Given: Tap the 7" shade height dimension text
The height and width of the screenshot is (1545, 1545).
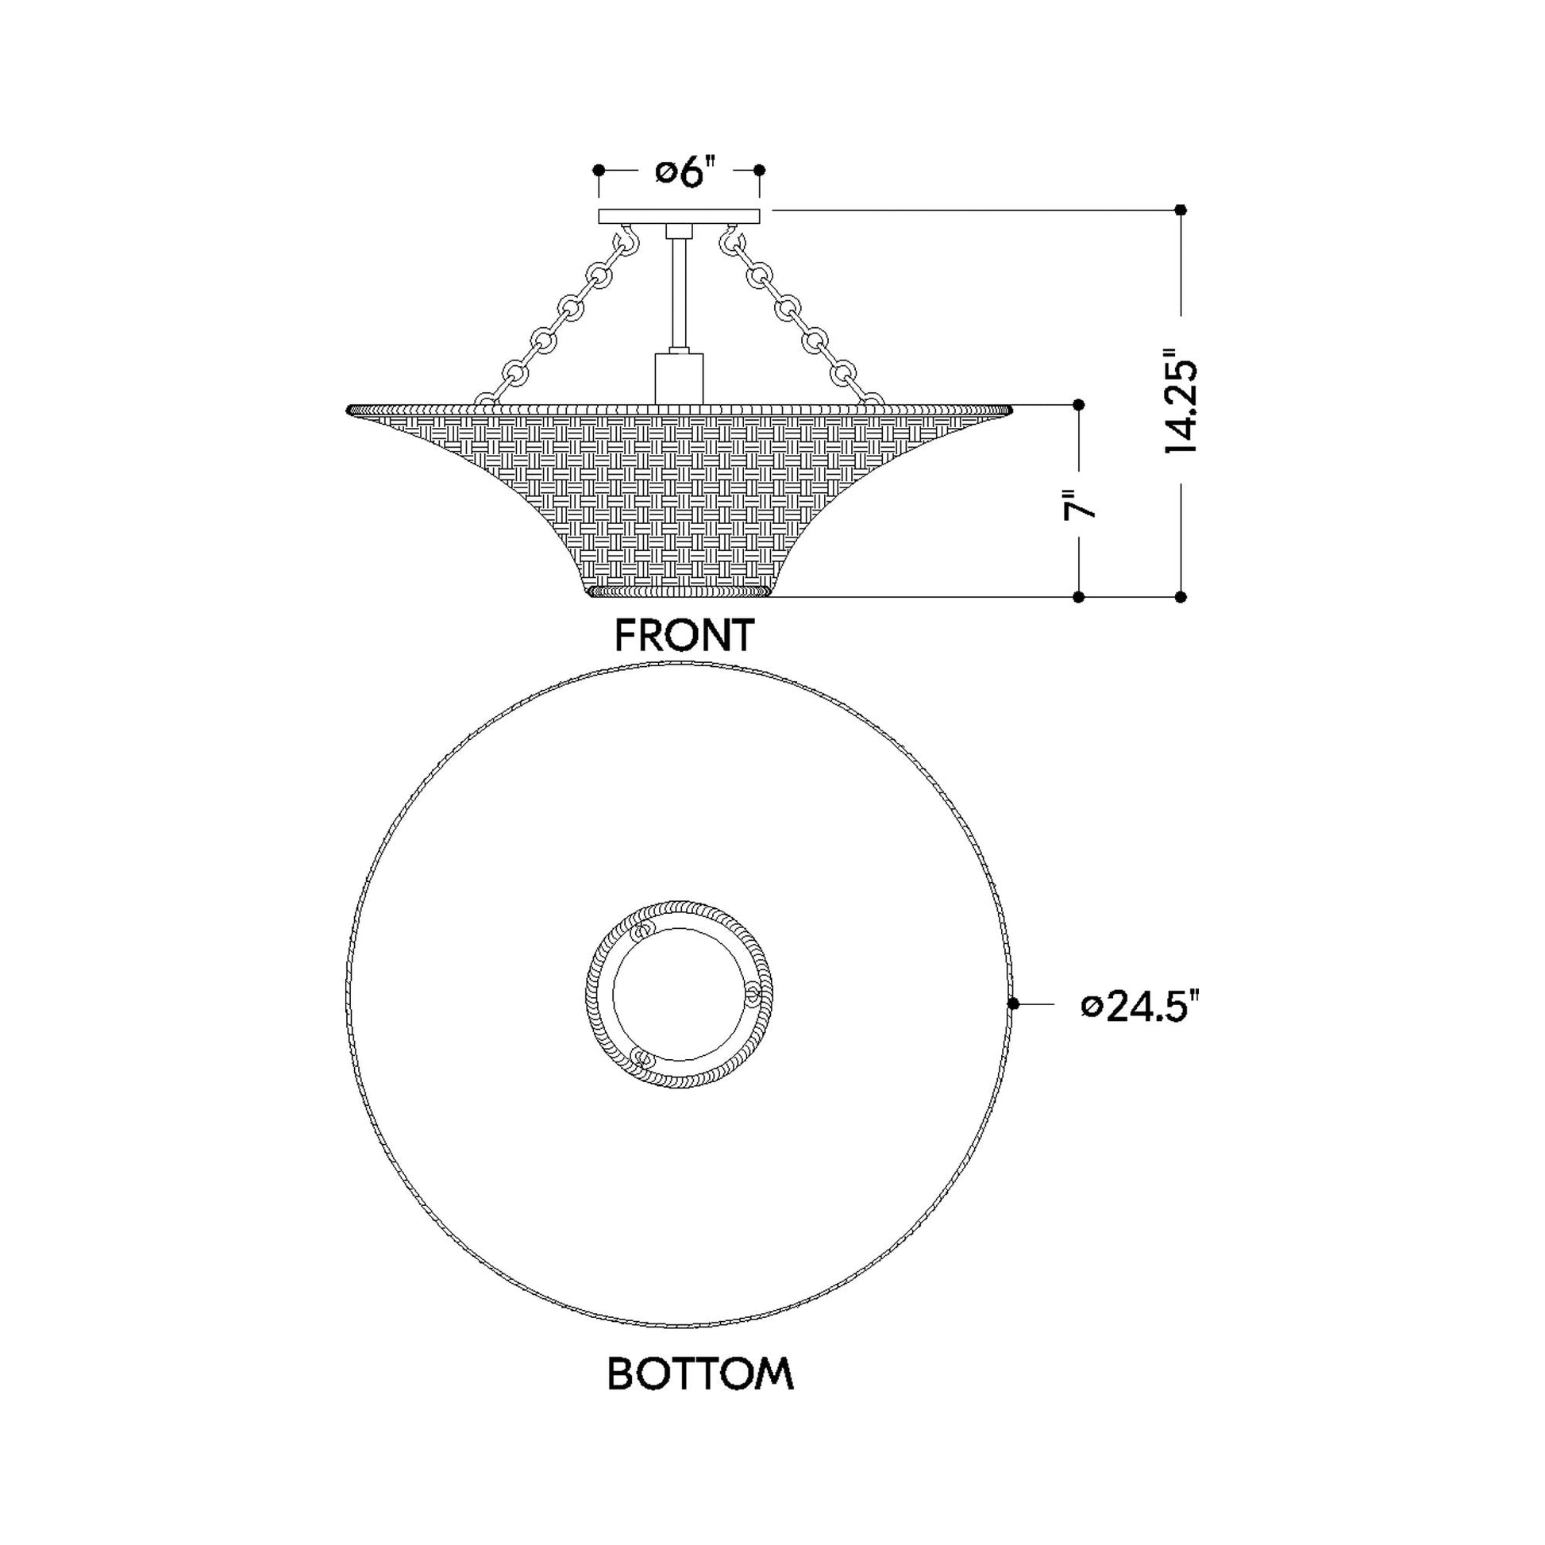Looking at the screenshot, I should click(1078, 506).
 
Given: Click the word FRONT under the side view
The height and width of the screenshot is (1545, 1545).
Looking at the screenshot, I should click(684, 636).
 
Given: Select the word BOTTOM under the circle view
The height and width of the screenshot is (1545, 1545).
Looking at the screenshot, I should click(699, 1374).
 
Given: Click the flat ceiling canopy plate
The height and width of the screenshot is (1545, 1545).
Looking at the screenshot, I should click(679, 217).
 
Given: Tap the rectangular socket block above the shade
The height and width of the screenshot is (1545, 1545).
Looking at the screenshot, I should click(679, 379).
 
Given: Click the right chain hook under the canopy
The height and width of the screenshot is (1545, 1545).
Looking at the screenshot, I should click(730, 241).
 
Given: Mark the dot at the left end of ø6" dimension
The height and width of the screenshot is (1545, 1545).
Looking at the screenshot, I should click(599, 171).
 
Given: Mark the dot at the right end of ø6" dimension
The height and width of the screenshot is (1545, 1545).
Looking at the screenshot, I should click(760, 171).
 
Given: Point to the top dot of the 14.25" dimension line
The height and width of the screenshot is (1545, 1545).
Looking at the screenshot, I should click(1181, 210).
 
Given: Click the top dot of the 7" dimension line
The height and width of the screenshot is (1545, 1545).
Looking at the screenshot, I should click(1078, 405).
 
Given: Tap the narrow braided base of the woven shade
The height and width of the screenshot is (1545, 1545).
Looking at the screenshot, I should click(679, 591).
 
